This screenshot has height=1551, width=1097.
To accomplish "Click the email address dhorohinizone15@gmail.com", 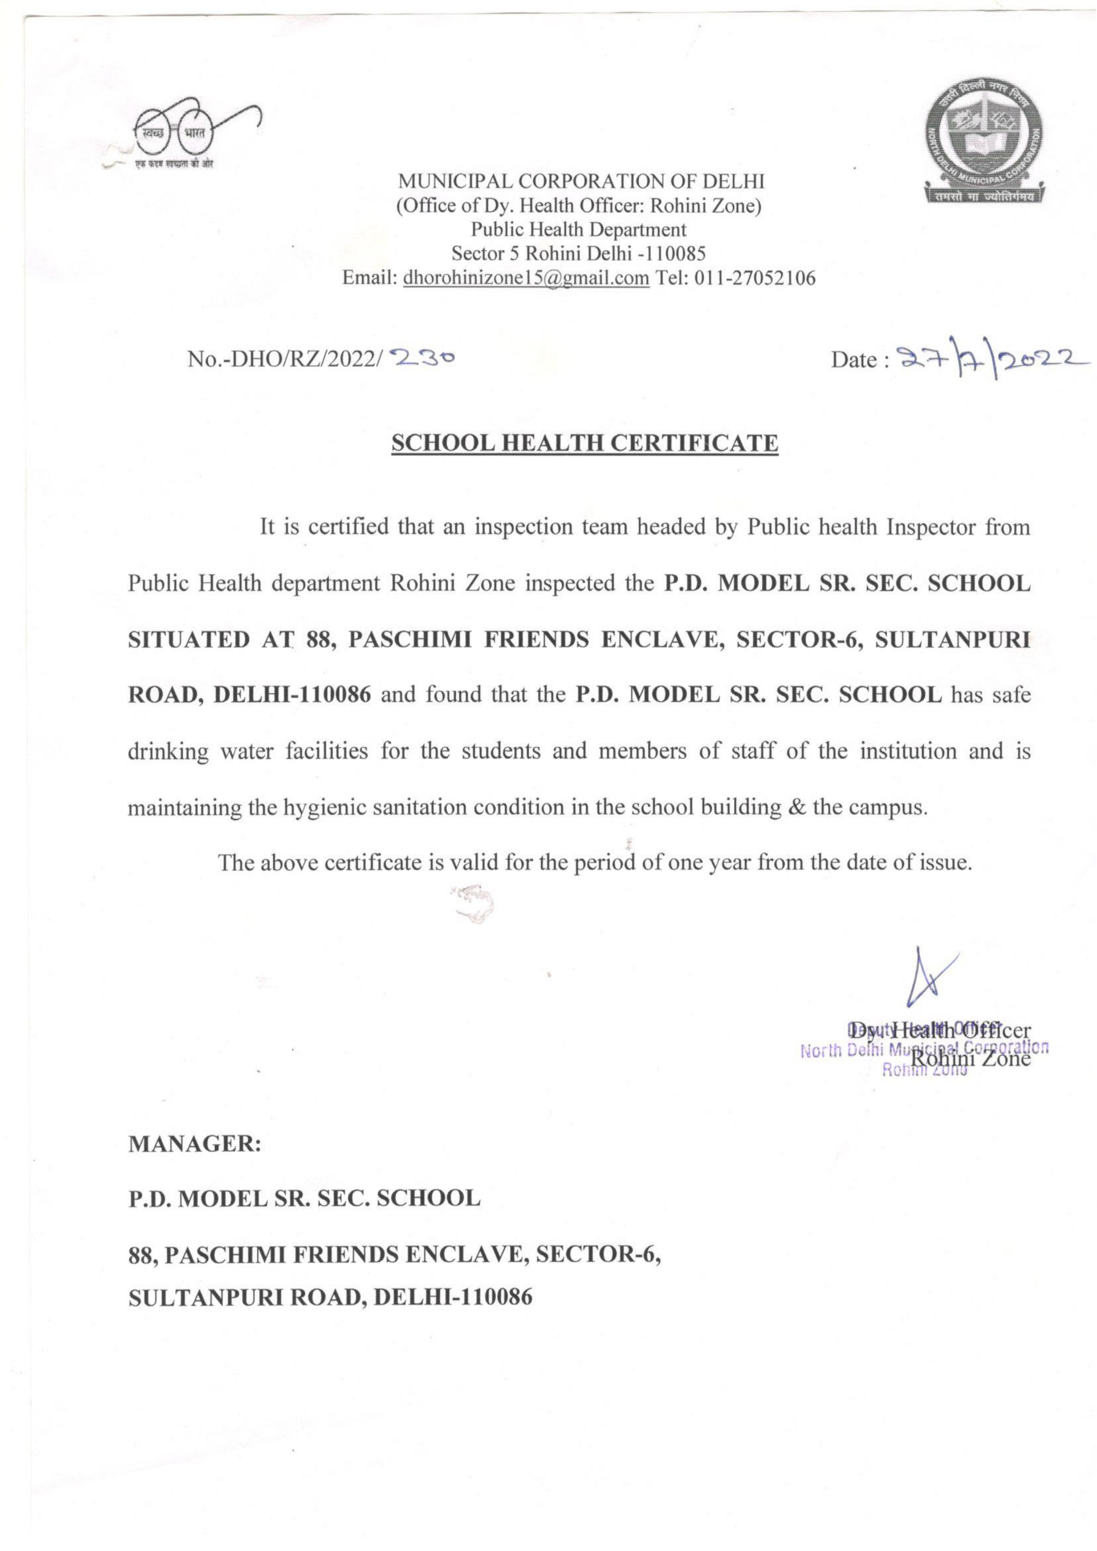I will click(x=526, y=278).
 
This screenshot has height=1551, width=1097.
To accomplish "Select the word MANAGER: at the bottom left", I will click(x=194, y=1144).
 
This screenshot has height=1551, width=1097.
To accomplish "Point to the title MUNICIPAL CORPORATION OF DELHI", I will click(x=581, y=181).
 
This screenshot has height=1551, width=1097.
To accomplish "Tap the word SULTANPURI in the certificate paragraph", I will click(x=953, y=639).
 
